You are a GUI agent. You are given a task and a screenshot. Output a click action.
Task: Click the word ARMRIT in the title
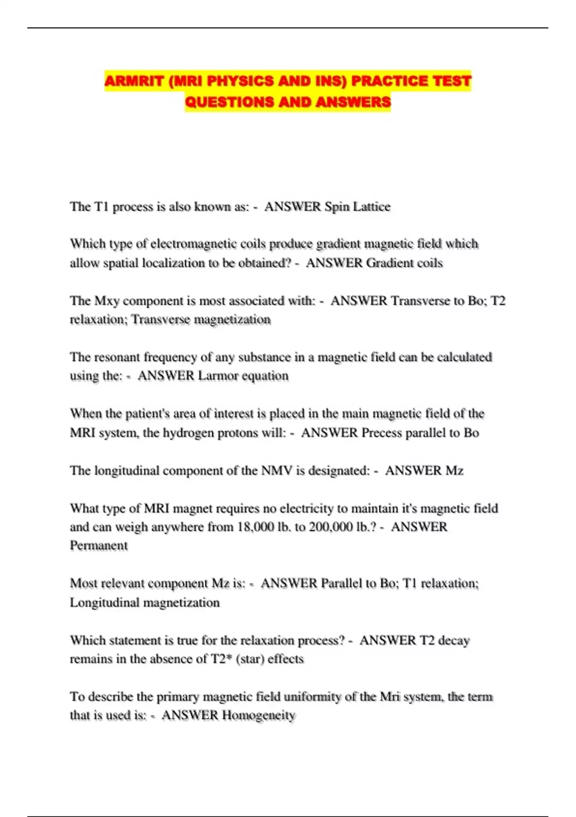coord(134,81)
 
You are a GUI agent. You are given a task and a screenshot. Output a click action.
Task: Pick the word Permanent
coord(99,545)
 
